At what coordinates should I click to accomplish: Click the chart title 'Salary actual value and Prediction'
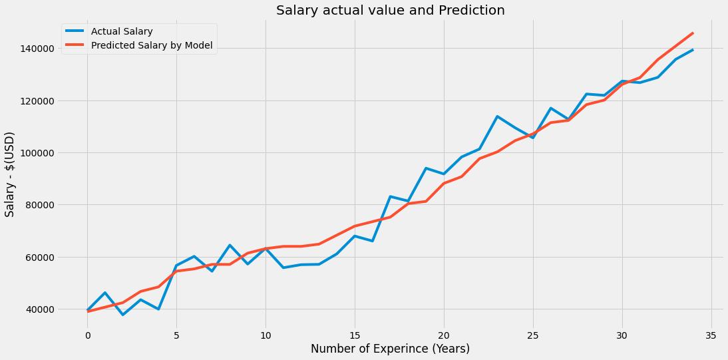[390, 10]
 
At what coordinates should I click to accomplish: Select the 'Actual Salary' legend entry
[122, 31]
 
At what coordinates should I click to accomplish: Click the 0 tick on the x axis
[87, 335]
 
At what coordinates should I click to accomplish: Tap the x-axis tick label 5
[176, 335]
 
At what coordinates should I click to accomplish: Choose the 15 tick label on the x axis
[355, 335]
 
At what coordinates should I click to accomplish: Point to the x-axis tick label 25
[532, 335]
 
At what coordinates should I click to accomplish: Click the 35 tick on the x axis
[711, 335]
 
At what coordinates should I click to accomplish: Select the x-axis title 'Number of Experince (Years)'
[390, 349]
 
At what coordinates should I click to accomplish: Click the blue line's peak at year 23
[497, 116]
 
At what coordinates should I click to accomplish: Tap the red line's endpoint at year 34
[693, 33]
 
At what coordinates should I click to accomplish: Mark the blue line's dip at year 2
[123, 315]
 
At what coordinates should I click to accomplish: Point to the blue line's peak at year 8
[230, 245]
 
